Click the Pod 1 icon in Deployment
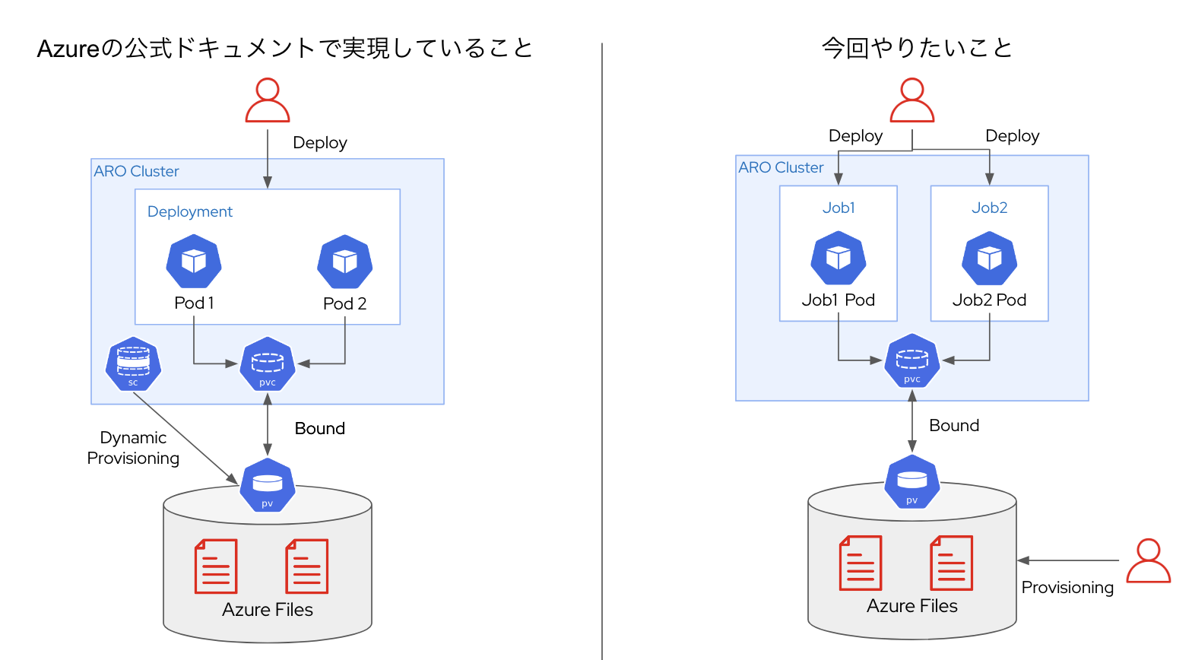click(x=194, y=262)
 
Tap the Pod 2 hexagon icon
click(x=345, y=262)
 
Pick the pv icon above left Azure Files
click(x=268, y=485)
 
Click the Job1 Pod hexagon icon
click(x=839, y=259)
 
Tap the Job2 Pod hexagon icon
click(x=989, y=259)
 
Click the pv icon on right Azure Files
click(x=912, y=482)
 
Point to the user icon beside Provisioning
click(x=1148, y=560)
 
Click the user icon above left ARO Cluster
click(x=268, y=100)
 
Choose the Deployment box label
click(x=190, y=211)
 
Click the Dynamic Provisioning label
click(x=133, y=448)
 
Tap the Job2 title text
click(x=989, y=208)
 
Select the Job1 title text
click(x=839, y=208)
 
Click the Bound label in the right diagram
click(x=954, y=426)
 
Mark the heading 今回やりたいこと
click(x=917, y=48)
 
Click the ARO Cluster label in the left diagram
click(x=137, y=171)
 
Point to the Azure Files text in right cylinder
click(x=912, y=606)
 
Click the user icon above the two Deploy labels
click(x=912, y=100)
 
